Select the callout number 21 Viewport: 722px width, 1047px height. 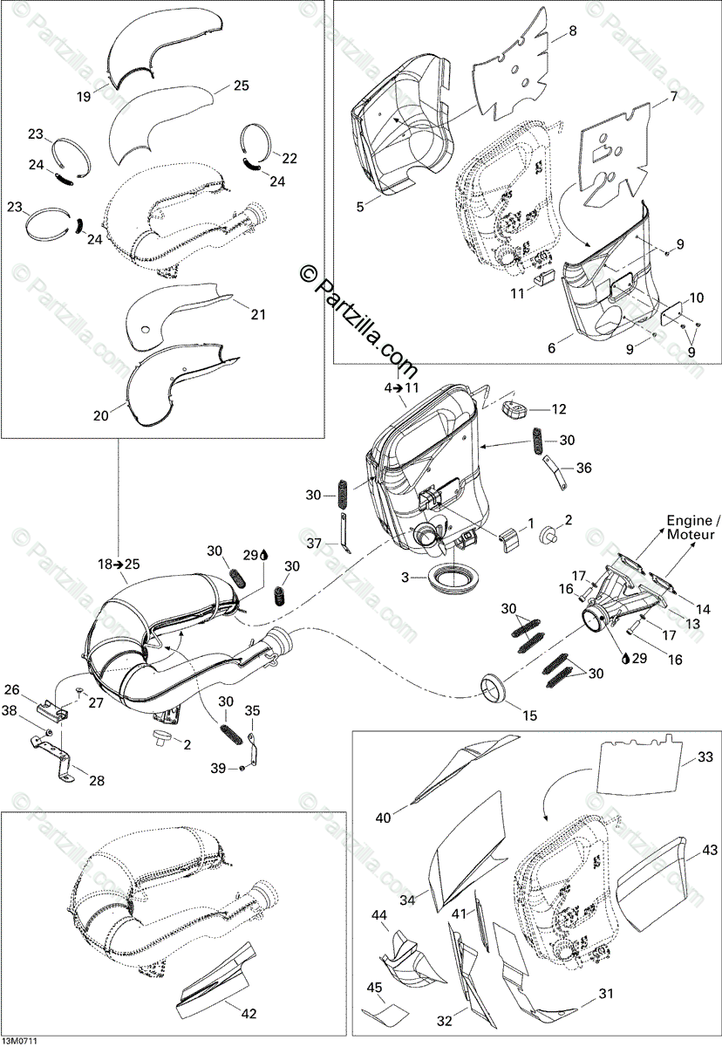[257, 314]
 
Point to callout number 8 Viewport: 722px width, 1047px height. [573, 31]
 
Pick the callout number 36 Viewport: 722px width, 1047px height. [583, 468]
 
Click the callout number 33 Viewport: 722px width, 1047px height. [705, 756]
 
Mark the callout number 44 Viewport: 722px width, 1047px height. [379, 915]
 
